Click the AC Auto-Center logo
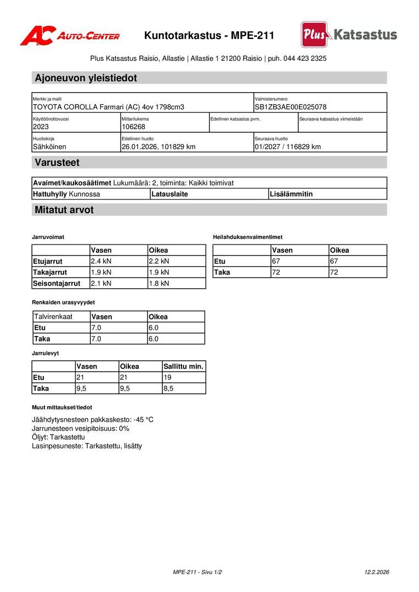pyautogui.click(x=70, y=36)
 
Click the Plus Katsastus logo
pyautogui.click(x=349, y=35)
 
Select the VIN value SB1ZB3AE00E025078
pyautogui.click(x=291, y=107)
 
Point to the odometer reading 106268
pyautogui.click(x=133, y=127)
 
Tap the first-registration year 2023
pyautogui.click(x=41, y=127)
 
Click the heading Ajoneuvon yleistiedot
pyautogui.click(x=86, y=78)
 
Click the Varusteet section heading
pyautogui.click(x=57, y=163)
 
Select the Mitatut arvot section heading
pyautogui.click(x=64, y=210)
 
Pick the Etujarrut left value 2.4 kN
pyautogui.click(x=101, y=261)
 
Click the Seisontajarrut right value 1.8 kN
pyautogui.click(x=159, y=283)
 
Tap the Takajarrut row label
pyautogui.click(x=50, y=272)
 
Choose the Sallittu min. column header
pyautogui.click(x=183, y=367)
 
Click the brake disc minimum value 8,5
pyautogui.click(x=168, y=389)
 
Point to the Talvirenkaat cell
pyautogui.click(x=53, y=317)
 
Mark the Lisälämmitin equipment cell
pyautogui.click(x=291, y=194)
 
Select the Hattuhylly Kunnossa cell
pyautogui.click(x=66, y=194)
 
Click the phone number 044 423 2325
pyautogui.click(x=305, y=58)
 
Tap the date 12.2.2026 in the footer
pyautogui.click(x=377, y=572)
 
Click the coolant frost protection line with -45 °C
pyautogui.click(x=93, y=420)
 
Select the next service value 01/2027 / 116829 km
pyautogui.click(x=287, y=147)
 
